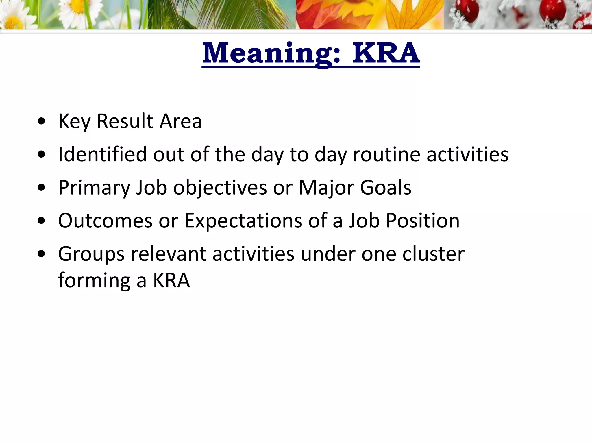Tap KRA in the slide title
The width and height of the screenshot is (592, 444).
click(386, 53)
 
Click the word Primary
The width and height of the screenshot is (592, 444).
click(94, 188)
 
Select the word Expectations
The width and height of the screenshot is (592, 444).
click(243, 221)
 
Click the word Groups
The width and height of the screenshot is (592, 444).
click(91, 254)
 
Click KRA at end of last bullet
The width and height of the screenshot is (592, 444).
click(171, 280)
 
